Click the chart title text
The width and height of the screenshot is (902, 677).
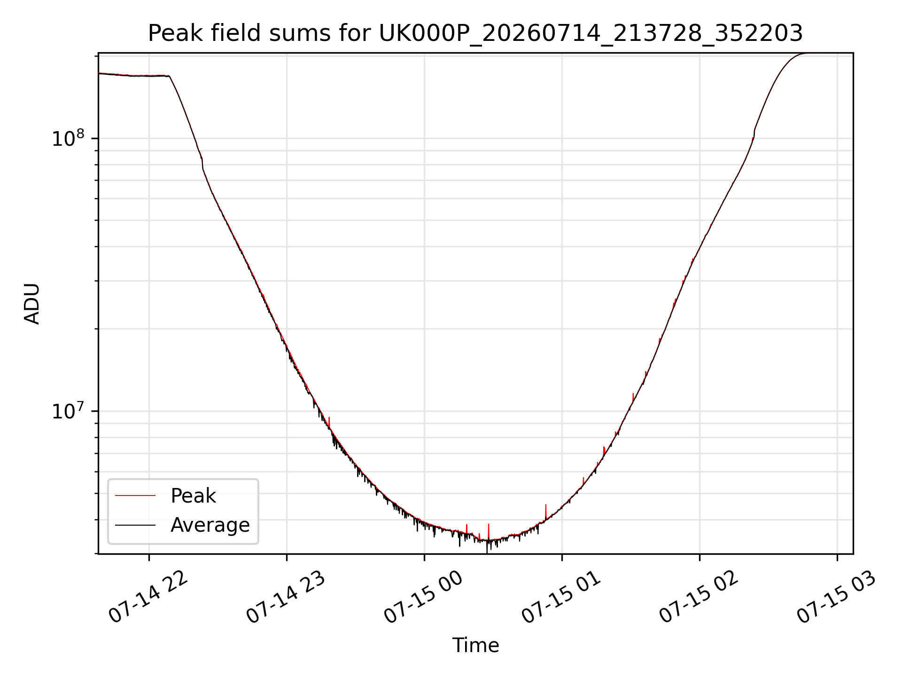coord(475,33)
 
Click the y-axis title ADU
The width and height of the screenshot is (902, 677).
coord(32,304)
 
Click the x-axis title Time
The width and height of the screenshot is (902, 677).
coord(475,646)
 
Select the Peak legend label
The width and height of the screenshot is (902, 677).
coord(193,496)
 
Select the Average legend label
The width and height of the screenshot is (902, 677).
coord(210,525)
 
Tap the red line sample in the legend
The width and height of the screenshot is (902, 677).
coord(135,496)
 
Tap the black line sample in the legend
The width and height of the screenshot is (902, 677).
coord(135,525)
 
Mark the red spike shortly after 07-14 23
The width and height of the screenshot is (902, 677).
coord(329,423)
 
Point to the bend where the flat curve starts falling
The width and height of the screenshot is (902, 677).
coord(169,76)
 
